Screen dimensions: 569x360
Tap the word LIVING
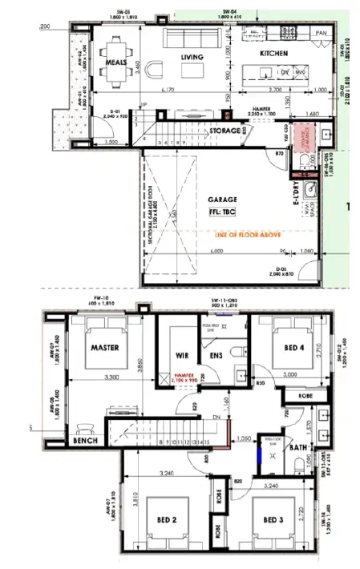click(192, 57)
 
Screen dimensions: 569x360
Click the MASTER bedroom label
click(105, 348)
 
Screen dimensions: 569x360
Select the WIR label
click(181, 355)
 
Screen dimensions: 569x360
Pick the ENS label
click(216, 355)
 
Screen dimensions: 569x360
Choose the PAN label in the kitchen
click(321, 33)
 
